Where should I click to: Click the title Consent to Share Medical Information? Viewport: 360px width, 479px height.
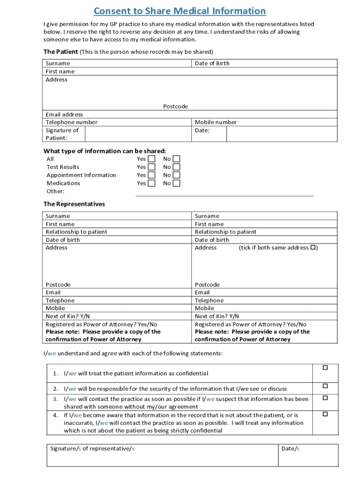(x=180, y=11)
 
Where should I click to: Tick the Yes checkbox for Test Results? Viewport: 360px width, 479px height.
(x=151, y=167)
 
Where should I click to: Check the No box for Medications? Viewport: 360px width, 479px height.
(x=176, y=183)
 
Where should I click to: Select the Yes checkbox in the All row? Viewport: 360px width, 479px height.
(x=151, y=159)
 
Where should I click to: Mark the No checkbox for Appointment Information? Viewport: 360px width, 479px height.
(x=176, y=175)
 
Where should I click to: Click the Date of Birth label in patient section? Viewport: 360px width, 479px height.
(x=212, y=64)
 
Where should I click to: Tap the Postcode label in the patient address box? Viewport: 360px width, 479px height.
(x=175, y=107)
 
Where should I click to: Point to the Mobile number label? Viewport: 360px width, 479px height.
(x=216, y=123)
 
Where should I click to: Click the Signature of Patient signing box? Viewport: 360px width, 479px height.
(x=138, y=134)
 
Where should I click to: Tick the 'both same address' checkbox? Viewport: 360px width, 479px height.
(x=313, y=247)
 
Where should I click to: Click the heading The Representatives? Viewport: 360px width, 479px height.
(x=74, y=204)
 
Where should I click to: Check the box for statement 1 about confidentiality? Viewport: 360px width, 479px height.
(x=325, y=368)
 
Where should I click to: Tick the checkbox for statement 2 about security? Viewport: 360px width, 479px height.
(x=325, y=386)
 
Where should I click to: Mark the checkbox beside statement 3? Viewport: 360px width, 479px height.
(x=325, y=398)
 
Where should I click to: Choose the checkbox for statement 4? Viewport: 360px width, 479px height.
(x=325, y=414)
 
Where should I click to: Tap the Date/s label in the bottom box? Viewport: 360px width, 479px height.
(x=290, y=449)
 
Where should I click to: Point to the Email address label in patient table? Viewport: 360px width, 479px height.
(x=64, y=115)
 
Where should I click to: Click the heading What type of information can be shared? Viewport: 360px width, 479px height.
(x=105, y=151)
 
